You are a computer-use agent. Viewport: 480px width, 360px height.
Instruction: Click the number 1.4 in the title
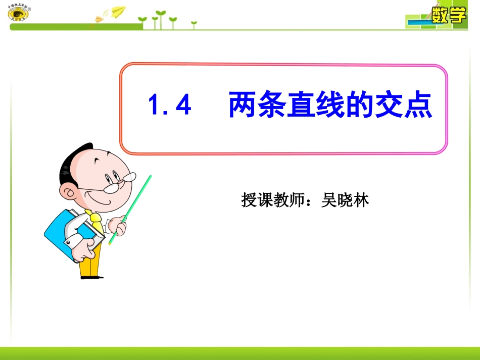pyautogui.click(x=170, y=106)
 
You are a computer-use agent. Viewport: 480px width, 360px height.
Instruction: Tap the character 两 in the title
pyautogui.click(x=243, y=105)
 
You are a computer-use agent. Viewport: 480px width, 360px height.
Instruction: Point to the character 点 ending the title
pyautogui.click(x=418, y=105)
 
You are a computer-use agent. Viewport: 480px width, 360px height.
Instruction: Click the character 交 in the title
pyautogui.click(x=389, y=105)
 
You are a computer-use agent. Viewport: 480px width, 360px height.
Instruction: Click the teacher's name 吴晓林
pyautogui.click(x=346, y=200)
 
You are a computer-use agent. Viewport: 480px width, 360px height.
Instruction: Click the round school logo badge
pyautogui.click(x=18, y=13)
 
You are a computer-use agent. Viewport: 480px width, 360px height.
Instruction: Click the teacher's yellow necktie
pyautogui.click(x=95, y=222)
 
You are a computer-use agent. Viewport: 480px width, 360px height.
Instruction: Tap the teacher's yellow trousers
pyautogui.click(x=90, y=263)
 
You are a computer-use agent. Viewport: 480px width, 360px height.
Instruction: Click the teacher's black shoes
pyautogui.click(x=91, y=277)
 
